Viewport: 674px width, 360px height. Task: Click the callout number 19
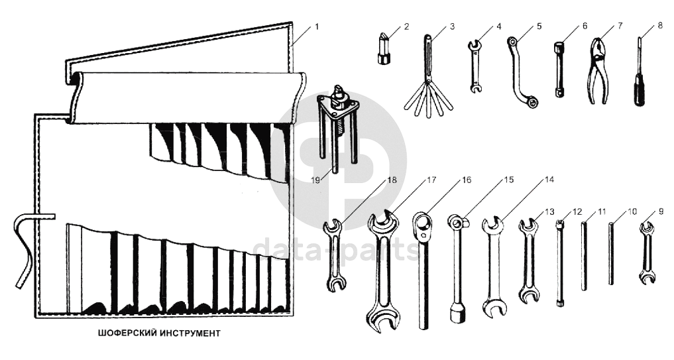click(x=316, y=178)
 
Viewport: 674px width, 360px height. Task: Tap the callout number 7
click(x=620, y=27)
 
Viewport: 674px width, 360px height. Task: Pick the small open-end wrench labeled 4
click(x=475, y=66)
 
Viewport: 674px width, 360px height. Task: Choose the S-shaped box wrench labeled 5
click(x=524, y=72)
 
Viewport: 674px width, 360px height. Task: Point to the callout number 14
click(x=549, y=179)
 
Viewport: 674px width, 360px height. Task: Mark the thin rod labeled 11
click(x=585, y=255)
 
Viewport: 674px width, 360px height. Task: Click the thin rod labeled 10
click(x=611, y=254)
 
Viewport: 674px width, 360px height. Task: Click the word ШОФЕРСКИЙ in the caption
click(x=122, y=332)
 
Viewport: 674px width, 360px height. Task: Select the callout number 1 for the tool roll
click(x=316, y=27)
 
